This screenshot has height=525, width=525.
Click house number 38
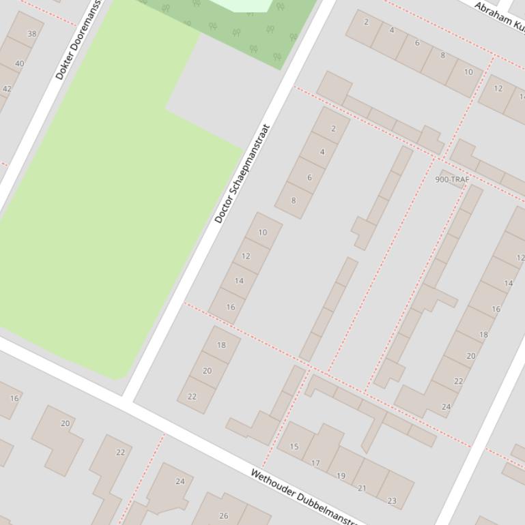[32, 33]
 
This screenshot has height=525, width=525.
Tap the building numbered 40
[19, 63]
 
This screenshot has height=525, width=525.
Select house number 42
[7, 89]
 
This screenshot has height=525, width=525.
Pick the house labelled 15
[294, 447]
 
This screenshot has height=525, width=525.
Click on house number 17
[315, 463]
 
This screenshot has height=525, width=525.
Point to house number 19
[341, 476]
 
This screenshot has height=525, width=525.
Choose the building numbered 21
[362, 487]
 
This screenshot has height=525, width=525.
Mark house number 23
[392, 500]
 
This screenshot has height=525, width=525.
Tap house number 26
[223, 515]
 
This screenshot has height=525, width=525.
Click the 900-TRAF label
[452, 179]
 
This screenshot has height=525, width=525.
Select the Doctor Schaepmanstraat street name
[242, 174]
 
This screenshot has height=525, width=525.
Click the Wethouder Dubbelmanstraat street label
[303, 496]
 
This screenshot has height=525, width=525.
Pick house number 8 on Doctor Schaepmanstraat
[294, 200]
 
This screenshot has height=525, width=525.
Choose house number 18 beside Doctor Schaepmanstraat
[221, 345]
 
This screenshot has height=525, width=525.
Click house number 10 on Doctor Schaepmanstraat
[263, 232]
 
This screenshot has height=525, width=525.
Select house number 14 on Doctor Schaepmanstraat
[239, 281]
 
